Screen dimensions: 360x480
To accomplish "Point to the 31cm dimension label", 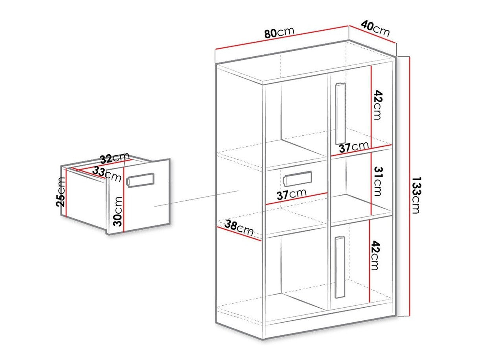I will coord(377,181).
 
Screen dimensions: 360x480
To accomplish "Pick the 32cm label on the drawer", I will coord(115,158).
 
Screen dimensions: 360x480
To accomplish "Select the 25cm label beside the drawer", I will coord(61,192).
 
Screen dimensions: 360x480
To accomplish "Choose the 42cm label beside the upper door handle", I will coord(377,105).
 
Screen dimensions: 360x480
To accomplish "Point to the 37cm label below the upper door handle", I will coord(354,147).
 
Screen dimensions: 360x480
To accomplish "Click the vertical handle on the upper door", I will coord(340,114).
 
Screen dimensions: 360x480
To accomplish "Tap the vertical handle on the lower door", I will coord(338,268).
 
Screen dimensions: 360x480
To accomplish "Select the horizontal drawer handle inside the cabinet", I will coord(298,179).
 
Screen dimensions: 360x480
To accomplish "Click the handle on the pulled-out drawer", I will coord(140,180).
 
